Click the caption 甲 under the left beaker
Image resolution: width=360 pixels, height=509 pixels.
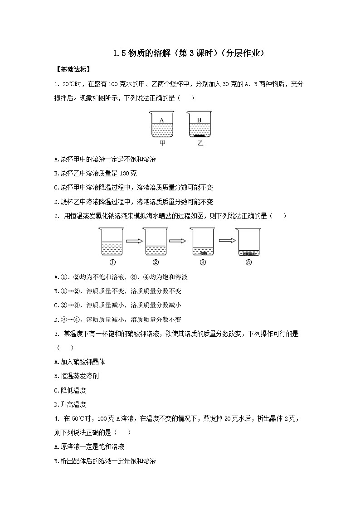click(162, 143)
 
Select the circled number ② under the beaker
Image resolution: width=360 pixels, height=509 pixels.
click(156, 262)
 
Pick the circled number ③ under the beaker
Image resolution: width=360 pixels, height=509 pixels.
click(203, 262)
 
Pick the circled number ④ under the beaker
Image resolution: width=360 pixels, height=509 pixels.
click(248, 262)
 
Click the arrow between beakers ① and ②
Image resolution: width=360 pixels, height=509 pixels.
click(134, 241)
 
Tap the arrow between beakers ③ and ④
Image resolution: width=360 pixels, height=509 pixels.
click(225, 241)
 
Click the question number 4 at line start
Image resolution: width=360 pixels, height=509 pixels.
click(55, 418)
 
